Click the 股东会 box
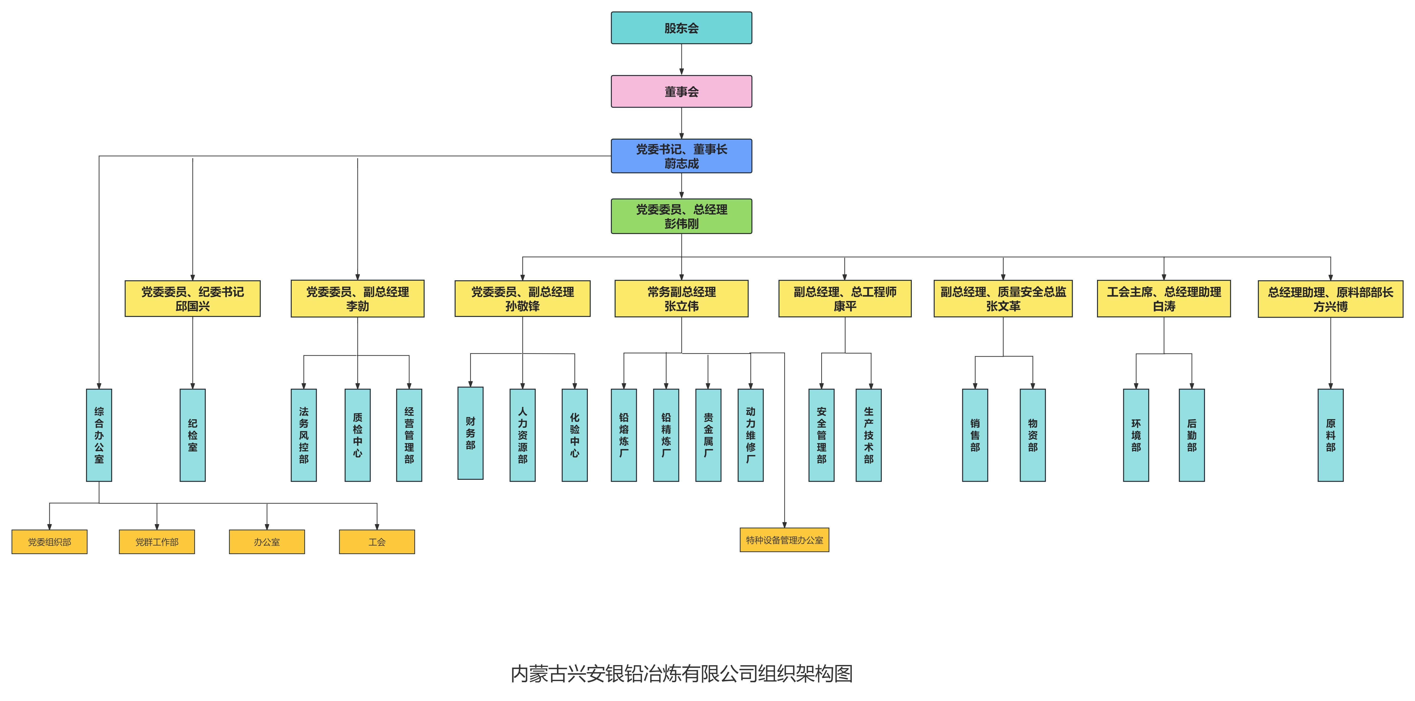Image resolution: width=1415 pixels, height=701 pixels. tap(681, 28)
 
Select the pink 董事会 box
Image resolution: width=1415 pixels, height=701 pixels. tap(681, 92)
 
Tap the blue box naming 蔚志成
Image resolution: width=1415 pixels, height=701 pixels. tap(681, 156)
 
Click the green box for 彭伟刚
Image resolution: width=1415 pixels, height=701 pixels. tap(681, 216)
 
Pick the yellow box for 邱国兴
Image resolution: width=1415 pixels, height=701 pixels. tap(192, 299)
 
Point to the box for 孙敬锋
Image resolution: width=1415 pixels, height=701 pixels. tap(522, 299)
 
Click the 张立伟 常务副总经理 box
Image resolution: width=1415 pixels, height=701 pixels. tap(681, 299)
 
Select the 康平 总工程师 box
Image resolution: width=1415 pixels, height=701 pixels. tap(845, 299)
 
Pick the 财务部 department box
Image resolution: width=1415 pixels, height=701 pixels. tap(470, 433)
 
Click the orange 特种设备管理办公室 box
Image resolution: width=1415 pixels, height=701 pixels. tap(784, 540)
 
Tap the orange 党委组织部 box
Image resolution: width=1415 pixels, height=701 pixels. tap(50, 542)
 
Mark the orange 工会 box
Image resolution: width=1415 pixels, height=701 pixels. tap(377, 542)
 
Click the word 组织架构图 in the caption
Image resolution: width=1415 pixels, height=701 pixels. tap(805, 674)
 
